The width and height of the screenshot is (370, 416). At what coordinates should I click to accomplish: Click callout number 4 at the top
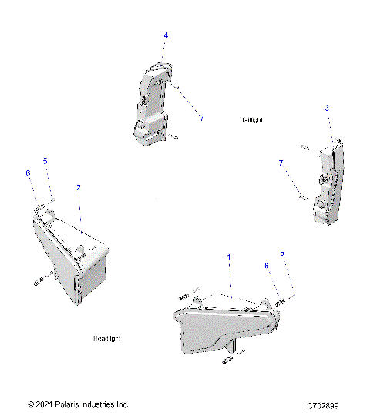pos(165,35)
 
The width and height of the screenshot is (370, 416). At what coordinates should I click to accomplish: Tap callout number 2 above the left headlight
pos(78,187)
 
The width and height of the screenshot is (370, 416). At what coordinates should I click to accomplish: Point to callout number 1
pos(227,255)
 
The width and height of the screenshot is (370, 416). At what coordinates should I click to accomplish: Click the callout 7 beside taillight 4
pos(201,118)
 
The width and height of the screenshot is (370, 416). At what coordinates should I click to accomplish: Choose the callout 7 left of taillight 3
pos(281,163)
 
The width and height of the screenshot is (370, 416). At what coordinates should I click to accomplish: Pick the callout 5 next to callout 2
pos(45,161)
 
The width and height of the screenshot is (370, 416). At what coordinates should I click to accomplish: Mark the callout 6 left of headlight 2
pos(28,174)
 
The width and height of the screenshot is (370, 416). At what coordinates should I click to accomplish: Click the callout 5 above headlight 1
pos(281,253)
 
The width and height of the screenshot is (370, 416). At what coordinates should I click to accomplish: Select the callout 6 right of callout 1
pos(267,266)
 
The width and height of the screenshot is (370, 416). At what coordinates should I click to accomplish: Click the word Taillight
pos(252,120)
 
